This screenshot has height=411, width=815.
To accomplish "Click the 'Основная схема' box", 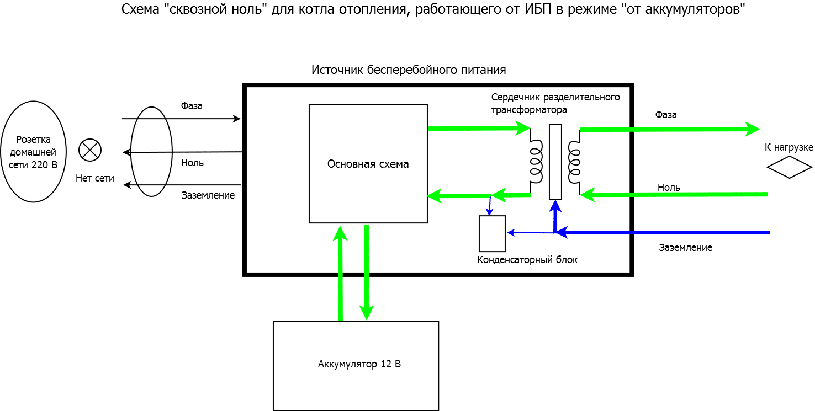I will (x=368, y=164).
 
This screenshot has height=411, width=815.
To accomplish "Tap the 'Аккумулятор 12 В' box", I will (x=356, y=366).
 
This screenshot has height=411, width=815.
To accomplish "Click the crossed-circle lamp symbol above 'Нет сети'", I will (x=90, y=150).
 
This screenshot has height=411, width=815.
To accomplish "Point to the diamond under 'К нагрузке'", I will (x=789, y=167).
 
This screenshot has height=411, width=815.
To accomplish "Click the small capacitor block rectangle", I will (x=492, y=233).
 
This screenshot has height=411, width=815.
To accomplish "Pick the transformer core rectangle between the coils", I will (x=555, y=161).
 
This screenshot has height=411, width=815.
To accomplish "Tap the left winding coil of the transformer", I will (x=536, y=161).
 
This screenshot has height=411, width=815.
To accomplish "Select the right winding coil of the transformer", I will (x=574, y=162).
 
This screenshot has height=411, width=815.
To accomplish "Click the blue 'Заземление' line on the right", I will (x=663, y=232).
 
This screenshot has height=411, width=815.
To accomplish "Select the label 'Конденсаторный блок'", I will (x=527, y=260).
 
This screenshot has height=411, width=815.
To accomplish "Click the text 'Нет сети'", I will (x=95, y=178).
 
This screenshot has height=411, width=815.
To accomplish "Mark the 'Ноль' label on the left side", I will (x=192, y=163).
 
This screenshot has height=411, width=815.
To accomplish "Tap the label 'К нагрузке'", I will (x=788, y=147).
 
